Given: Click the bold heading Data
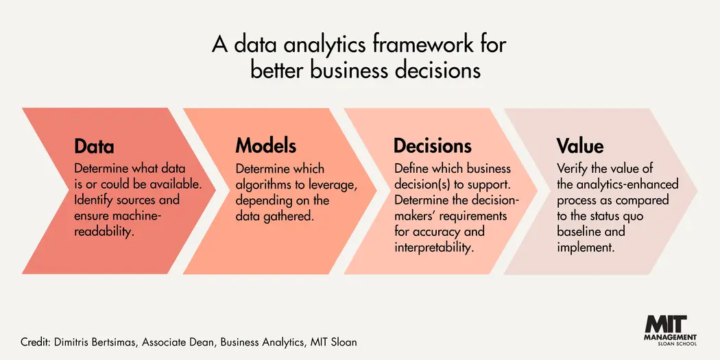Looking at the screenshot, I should click(x=94, y=147).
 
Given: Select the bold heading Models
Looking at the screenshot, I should click(x=266, y=146).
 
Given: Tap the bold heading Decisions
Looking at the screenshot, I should click(x=432, y=146).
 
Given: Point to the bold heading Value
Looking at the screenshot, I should click(x=580, y=146).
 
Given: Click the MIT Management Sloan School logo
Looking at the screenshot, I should click(x=671, y=332).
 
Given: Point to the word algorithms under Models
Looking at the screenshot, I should click(x=265, y=184).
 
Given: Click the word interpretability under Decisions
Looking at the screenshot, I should click(x=433, y=248).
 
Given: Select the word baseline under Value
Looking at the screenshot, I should click(x=580, y=232).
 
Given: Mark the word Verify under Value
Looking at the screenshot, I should click(x=572, y=169).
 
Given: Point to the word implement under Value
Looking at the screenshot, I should click(x=585, y=248).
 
